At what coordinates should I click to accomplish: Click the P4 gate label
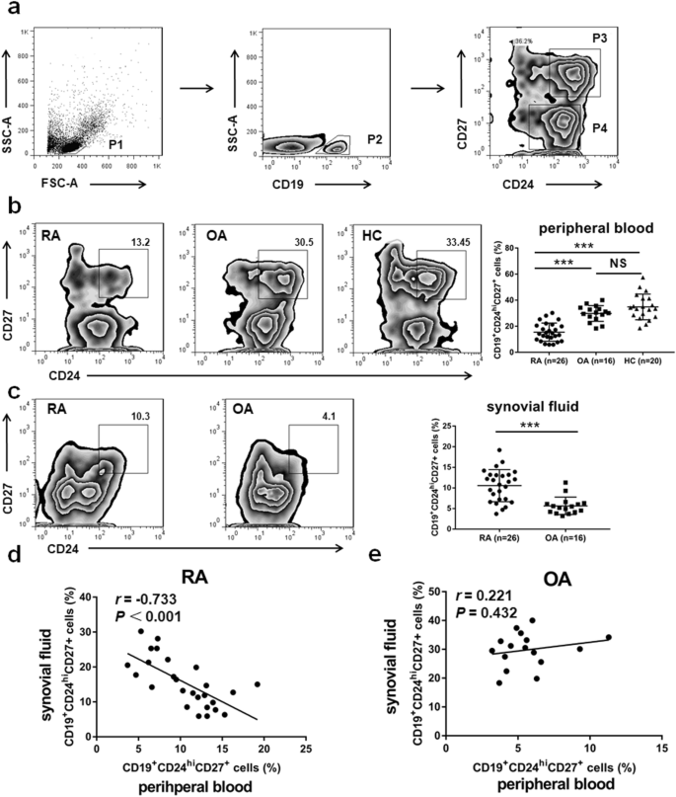pyautogui.click(x=598, y=126)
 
